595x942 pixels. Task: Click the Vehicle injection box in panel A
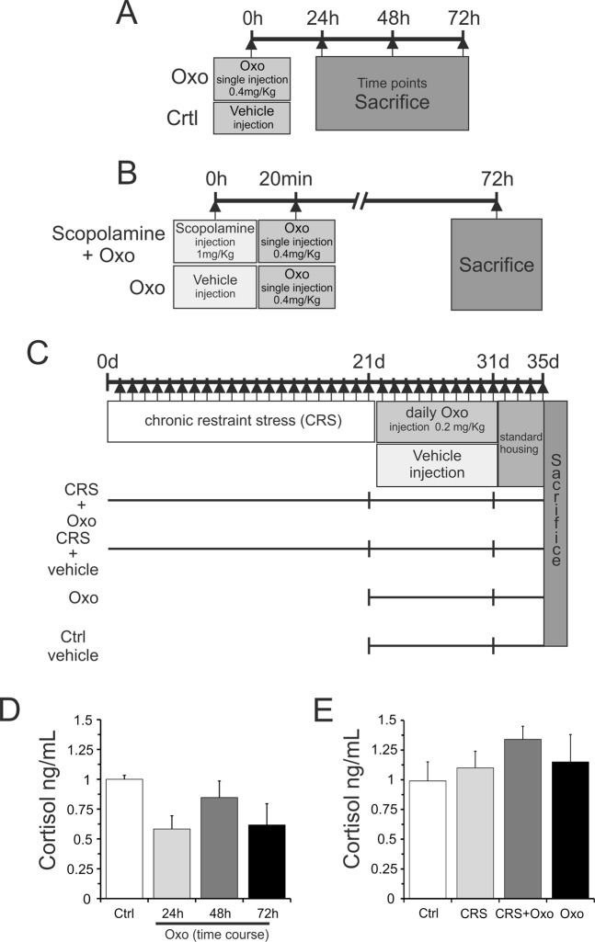[252, 118]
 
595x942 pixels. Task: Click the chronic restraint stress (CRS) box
[241, 422]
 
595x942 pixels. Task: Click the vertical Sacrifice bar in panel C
[555, 522]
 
